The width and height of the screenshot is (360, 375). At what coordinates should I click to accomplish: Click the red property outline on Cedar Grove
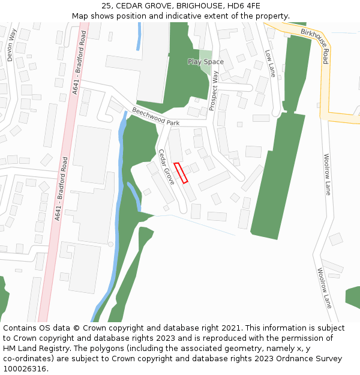coord(181,173)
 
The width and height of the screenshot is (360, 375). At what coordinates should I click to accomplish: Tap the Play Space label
coord(205,62)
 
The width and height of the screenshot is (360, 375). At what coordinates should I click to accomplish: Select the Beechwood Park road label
coord(155,116)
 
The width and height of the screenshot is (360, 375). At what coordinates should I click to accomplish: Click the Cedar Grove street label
coord(166,166)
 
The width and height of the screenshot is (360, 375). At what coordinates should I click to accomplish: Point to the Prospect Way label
coord(214,91)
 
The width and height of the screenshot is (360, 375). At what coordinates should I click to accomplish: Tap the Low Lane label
coord(270,63)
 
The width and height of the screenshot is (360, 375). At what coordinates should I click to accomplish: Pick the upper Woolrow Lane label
coord(327,175)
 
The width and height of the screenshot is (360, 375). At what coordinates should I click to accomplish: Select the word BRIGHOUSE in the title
coord(195,5)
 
